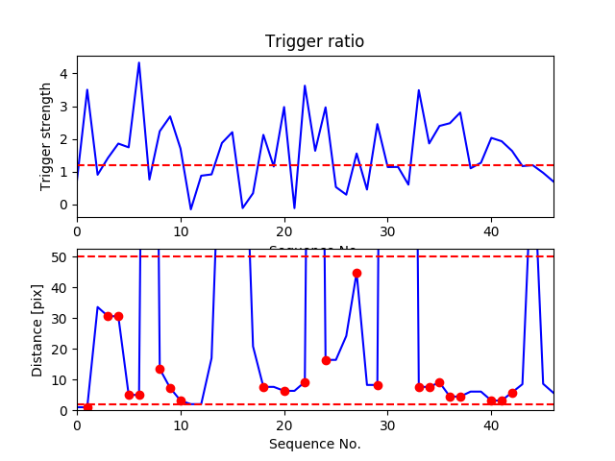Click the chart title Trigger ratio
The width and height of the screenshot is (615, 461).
[x=314, y=41]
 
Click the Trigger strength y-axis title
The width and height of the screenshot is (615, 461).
[x=46, y=135]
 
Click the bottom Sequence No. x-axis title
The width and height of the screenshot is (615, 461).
[x=314, y=444]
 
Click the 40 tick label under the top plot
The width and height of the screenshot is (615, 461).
[x=491, y=231]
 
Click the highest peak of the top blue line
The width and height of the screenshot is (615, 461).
[x=139, y=62]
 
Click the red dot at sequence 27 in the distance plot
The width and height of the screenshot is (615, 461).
[x=357, y=273]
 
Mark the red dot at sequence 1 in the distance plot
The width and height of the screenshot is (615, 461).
[x=87, y=407]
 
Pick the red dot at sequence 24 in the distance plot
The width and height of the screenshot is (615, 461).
[x=326, y=360]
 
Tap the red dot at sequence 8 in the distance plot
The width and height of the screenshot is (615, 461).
[x=160, y=369]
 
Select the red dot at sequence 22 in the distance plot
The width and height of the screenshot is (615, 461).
[x=305, y=382]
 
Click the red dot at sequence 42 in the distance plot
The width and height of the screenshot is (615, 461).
[x=512, y=393]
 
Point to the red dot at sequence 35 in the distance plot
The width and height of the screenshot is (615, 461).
[x=439, y=382]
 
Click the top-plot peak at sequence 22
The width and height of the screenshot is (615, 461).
[x=305, y=85]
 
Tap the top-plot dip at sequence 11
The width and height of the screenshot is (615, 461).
[x=190, y=209]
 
